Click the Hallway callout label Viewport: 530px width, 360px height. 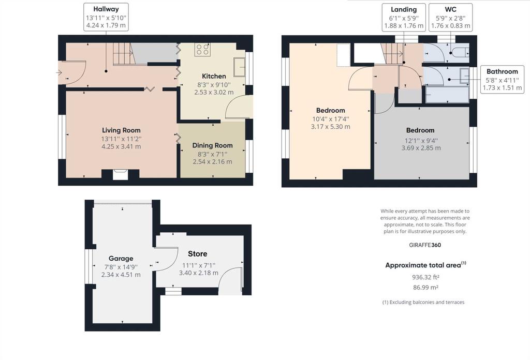(x=106, y=9)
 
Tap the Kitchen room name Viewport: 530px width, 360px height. (x=214, y=76)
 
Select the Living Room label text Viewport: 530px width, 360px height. (x=121, y=130)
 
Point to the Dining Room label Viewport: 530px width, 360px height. (x=213, y=145)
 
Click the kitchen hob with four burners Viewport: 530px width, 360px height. (x=203, y=49)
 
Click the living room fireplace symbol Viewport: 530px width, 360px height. (x=120, y=175)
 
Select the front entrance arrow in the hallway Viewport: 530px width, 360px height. (x=59, y=72)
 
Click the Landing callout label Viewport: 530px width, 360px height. (x=404, y=9)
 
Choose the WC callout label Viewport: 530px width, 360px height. (x=451, y=9)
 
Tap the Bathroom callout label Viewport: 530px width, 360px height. (x=502, y=71)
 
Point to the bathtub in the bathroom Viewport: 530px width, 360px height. (x=447, y=95)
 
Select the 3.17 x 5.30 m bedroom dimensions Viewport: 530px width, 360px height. (x=331, y=127)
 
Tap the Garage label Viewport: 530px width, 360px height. (x=121, y=259)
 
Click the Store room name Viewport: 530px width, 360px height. (x=198, y=254)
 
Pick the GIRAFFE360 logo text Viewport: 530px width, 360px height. (x=425, y=245)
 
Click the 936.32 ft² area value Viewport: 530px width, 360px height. (x=425, y=277)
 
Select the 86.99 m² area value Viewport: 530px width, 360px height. (x=425, y=288)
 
